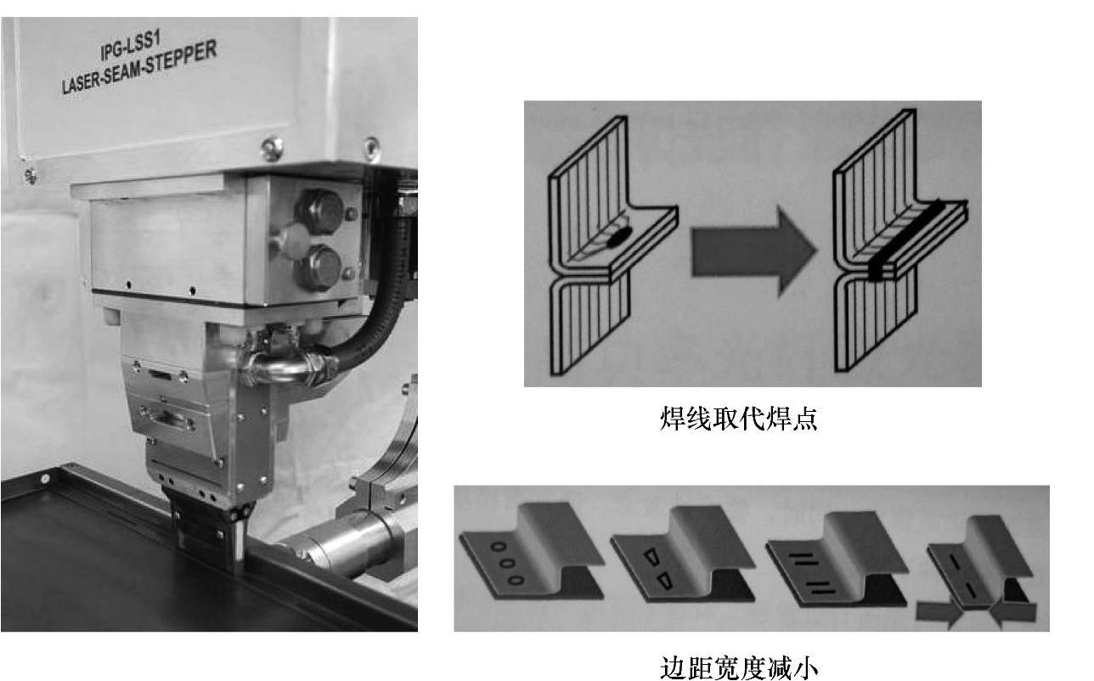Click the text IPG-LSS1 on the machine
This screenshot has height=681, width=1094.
pyautogui.click(x=131, y=46)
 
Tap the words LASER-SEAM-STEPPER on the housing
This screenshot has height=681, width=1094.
pyautogui.click(x=139, y=67)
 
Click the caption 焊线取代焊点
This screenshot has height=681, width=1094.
pyautogui.click(x=738, y=419)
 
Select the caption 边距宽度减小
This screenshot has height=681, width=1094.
pyautogui.click(x=738, y=667)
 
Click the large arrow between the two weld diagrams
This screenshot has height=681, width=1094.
pyautogui.click(x=753, y=251)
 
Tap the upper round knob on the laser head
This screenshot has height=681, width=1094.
pyautogui.click(x=320, y=211)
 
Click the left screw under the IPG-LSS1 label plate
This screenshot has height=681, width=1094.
pyautogui.click(x=272, y=148)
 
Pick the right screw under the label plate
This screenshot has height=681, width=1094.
pyautogui.click(x=371, y=148)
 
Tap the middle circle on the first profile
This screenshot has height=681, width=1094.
pyautogui.click(x=508, y=563)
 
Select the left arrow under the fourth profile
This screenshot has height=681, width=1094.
pyautogui.click(x=939, y=613)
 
